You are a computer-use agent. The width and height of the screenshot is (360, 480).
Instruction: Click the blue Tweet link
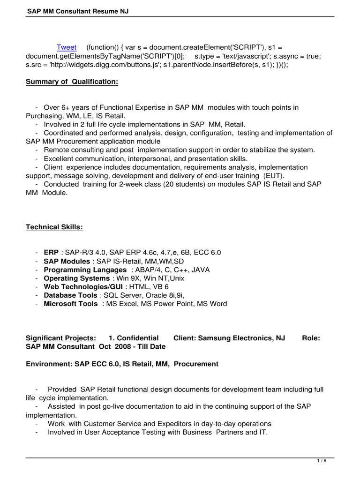[66, 47]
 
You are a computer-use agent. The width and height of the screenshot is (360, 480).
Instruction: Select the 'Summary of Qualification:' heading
[72, 82]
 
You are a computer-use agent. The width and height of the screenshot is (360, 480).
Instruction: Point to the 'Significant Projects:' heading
[60, 338]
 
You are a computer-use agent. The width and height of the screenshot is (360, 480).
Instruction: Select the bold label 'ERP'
[51, 252]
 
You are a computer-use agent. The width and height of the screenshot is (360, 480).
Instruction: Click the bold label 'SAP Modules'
[67, 261]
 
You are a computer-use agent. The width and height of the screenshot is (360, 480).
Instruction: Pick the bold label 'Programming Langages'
[85, 270]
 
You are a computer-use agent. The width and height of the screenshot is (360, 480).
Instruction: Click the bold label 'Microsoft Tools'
[71, 304]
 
